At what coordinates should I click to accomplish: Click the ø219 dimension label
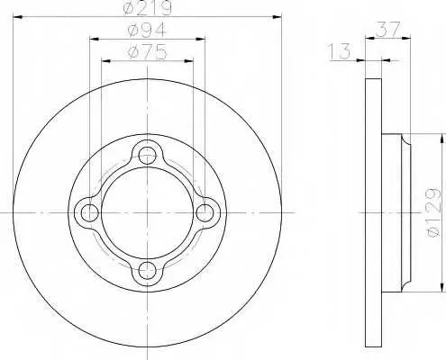pyautogui.click(x=148, y=8)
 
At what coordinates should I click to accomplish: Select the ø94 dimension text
pyautogui.click(x=147, y=31)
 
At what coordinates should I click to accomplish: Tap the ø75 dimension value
pyautogui.click(x=147, y=52)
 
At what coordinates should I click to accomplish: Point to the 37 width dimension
pyautogui.click(x=387, y=29)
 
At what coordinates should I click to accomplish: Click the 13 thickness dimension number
pyautogui.click(x=340, y=51)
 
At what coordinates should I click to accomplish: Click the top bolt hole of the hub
pyautogui.click(x=147, y=156)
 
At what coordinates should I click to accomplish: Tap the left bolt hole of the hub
pyautogui.click(x=90, y=212)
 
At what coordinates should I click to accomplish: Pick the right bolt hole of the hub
pyautogui.click(x=205, y=212)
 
